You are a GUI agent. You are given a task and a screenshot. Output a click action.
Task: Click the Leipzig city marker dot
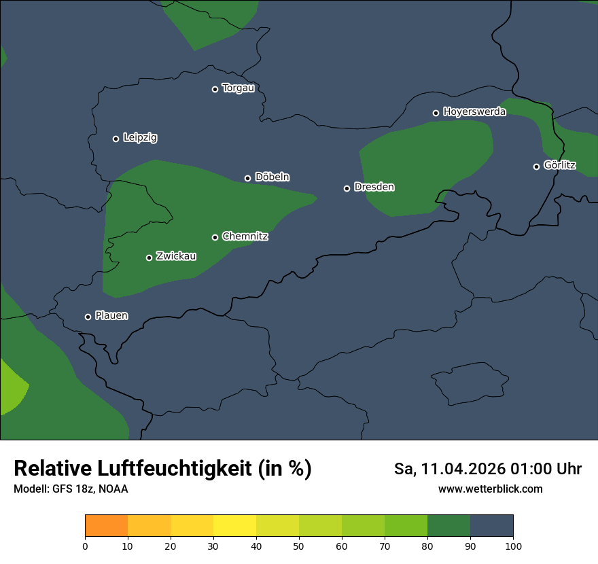click(116, 139)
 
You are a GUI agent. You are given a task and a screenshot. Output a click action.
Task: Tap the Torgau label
click(238, 88)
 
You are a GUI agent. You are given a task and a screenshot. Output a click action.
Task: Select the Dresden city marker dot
click(347, 188)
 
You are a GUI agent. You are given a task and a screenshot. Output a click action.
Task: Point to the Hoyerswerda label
click(474, 112)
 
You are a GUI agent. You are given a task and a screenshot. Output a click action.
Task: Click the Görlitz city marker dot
click(536, 166)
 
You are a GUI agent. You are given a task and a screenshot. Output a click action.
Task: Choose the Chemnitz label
click(245, 236)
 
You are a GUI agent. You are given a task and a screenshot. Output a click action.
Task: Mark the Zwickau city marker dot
click(149, 258)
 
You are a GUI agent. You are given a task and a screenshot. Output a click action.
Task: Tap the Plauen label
click(111, 316)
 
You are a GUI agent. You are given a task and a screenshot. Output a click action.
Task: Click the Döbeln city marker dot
click(247, 179)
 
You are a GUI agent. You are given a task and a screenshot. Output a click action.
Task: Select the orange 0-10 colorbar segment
click(106, 526)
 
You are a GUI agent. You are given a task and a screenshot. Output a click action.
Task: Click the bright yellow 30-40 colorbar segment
click(234, 526)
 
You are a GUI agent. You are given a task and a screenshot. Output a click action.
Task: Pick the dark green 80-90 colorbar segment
click(448, 526)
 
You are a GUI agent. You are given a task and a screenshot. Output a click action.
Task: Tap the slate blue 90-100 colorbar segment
click(491, 526)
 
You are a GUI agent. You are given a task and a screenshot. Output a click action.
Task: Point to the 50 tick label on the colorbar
click(299, 546)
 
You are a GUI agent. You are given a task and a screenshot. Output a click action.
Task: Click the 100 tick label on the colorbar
click(513, 546)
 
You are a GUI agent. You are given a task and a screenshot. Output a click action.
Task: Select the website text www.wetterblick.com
click(490, 489)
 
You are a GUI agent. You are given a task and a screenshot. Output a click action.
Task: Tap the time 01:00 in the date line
click(531, 469)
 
